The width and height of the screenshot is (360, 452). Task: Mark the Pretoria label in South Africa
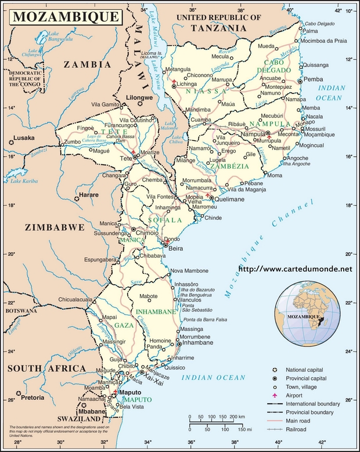(x=34, y=398)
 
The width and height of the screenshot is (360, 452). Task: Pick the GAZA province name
(x=124, y=326)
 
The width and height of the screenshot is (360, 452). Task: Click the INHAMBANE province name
(x=155, y=312)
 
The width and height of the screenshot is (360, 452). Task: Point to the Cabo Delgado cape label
(x=318, y=24)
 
